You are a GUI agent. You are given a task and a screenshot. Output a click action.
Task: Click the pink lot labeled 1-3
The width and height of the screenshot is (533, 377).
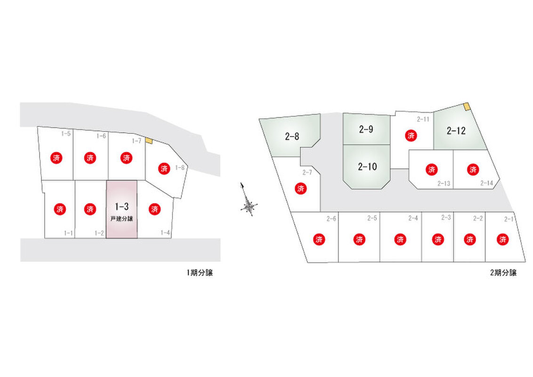pos(121,209)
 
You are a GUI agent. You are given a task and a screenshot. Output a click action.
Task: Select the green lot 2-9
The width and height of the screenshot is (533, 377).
pos(366,129)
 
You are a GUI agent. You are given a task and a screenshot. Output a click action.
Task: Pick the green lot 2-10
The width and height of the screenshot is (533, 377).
pos(366,167)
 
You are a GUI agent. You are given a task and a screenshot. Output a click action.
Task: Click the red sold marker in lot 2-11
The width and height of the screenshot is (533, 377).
pos(411,136)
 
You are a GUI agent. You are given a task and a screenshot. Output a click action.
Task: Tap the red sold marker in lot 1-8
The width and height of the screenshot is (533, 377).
pos(164,168)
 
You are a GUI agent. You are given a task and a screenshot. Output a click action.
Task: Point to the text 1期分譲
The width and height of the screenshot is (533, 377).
pos(200,272)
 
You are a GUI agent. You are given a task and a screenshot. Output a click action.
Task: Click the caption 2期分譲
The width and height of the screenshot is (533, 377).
pos(503,272)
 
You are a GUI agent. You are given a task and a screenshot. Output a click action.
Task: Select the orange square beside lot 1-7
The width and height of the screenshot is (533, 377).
pos(149,140)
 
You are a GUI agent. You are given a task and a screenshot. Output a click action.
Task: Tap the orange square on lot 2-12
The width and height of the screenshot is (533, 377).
pos(468,107)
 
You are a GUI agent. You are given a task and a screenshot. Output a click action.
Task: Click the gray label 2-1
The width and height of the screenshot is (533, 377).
pos(509,219)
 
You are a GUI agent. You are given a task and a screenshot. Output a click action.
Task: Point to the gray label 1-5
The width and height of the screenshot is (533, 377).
pos(66,133)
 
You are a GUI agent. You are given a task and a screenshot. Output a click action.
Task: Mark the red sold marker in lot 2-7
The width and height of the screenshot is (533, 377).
pos(301,188)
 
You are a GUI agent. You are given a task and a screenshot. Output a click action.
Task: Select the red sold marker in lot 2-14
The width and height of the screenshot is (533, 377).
pos(473,170)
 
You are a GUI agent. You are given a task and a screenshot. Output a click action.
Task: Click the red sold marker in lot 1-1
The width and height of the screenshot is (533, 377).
pos(60,209)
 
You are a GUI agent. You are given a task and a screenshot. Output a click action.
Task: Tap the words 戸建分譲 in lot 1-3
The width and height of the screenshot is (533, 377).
pos(121,219)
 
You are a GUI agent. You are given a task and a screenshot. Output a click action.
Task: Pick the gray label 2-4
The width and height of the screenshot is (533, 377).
pos(413,218)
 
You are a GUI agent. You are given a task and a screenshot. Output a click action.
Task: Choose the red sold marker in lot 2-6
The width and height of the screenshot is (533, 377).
pos(319,239)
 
